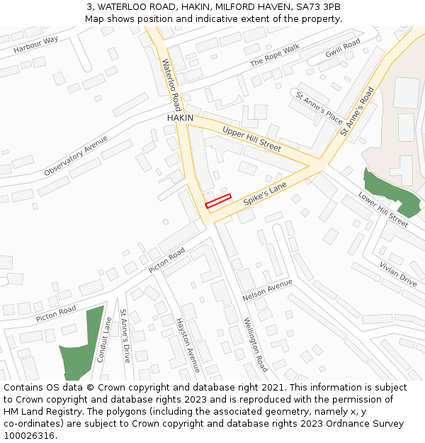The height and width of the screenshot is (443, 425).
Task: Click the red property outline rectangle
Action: pyautogui.click(x=218, y=201)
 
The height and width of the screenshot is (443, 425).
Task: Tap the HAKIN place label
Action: pyautogui.click(x=180, y=118)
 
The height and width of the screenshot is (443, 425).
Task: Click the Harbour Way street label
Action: pyautogui.click(x=35, y=45)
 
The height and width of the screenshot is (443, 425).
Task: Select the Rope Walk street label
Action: pyautogui.click(x=275, y=56)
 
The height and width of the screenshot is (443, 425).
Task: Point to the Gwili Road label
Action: pyautogui.click(x=343, y=48)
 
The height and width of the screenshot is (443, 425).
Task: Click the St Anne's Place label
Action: pyautogui.click(x=319, y=107)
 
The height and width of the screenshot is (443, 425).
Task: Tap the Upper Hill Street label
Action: pyautogui.click(x=251, y=139)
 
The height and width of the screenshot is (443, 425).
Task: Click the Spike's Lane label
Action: pyautogui.click(x=265, y=193)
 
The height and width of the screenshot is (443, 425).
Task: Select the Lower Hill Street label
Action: pyautogui.click(x=382, y=209)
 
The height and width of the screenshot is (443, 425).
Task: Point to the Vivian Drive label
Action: pyautogui.click(x=397, y=272)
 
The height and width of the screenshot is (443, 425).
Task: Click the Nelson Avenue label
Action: pyautogui.click(x=267, y=289)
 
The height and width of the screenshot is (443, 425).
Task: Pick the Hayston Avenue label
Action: pyautogui.click(x=188, y=345)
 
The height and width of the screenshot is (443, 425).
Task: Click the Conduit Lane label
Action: pyautogui.click(x=104, y=340)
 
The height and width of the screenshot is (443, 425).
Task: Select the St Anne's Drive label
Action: pyautogui.click(x=125, y=336)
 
